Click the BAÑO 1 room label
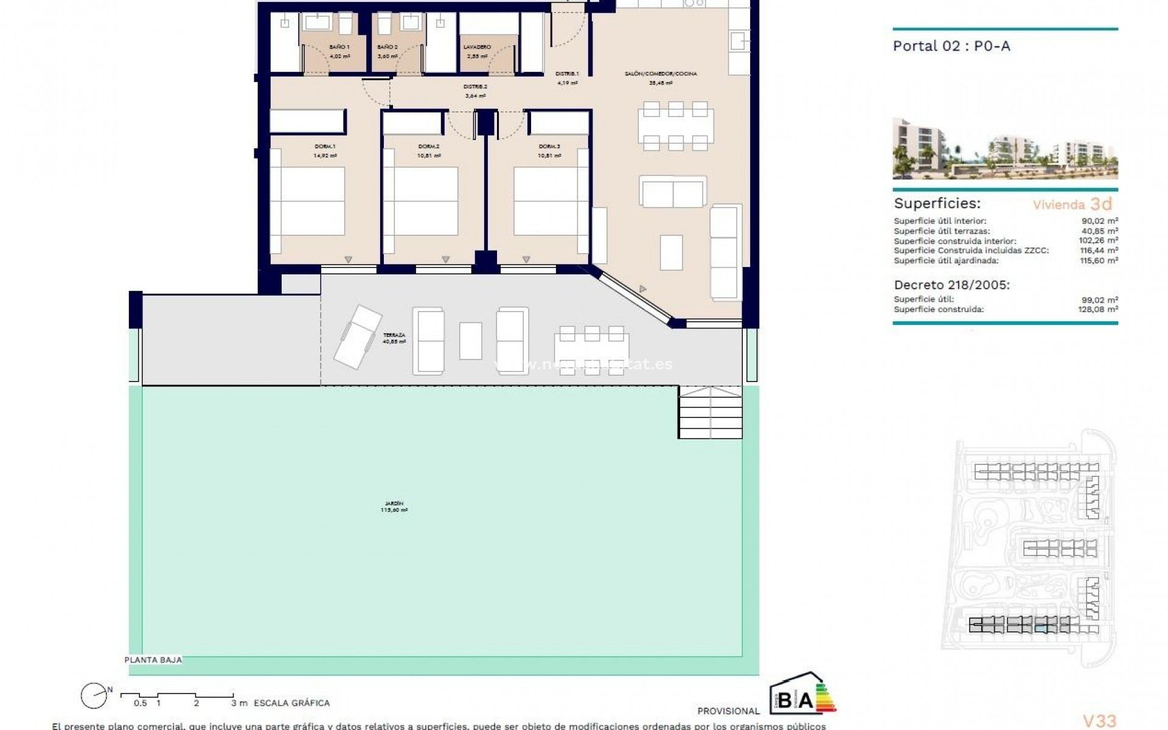339,47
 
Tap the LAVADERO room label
477,47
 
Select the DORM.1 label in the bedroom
325,147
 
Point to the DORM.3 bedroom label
549,147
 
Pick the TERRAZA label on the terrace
394,336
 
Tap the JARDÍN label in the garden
394,504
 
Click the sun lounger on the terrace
358,336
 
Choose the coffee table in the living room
671,252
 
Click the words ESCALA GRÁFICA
291,703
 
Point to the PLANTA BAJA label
153,660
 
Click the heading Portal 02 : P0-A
951,46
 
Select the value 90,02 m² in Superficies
1104,221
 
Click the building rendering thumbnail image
1005,149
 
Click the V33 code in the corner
1100,721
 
